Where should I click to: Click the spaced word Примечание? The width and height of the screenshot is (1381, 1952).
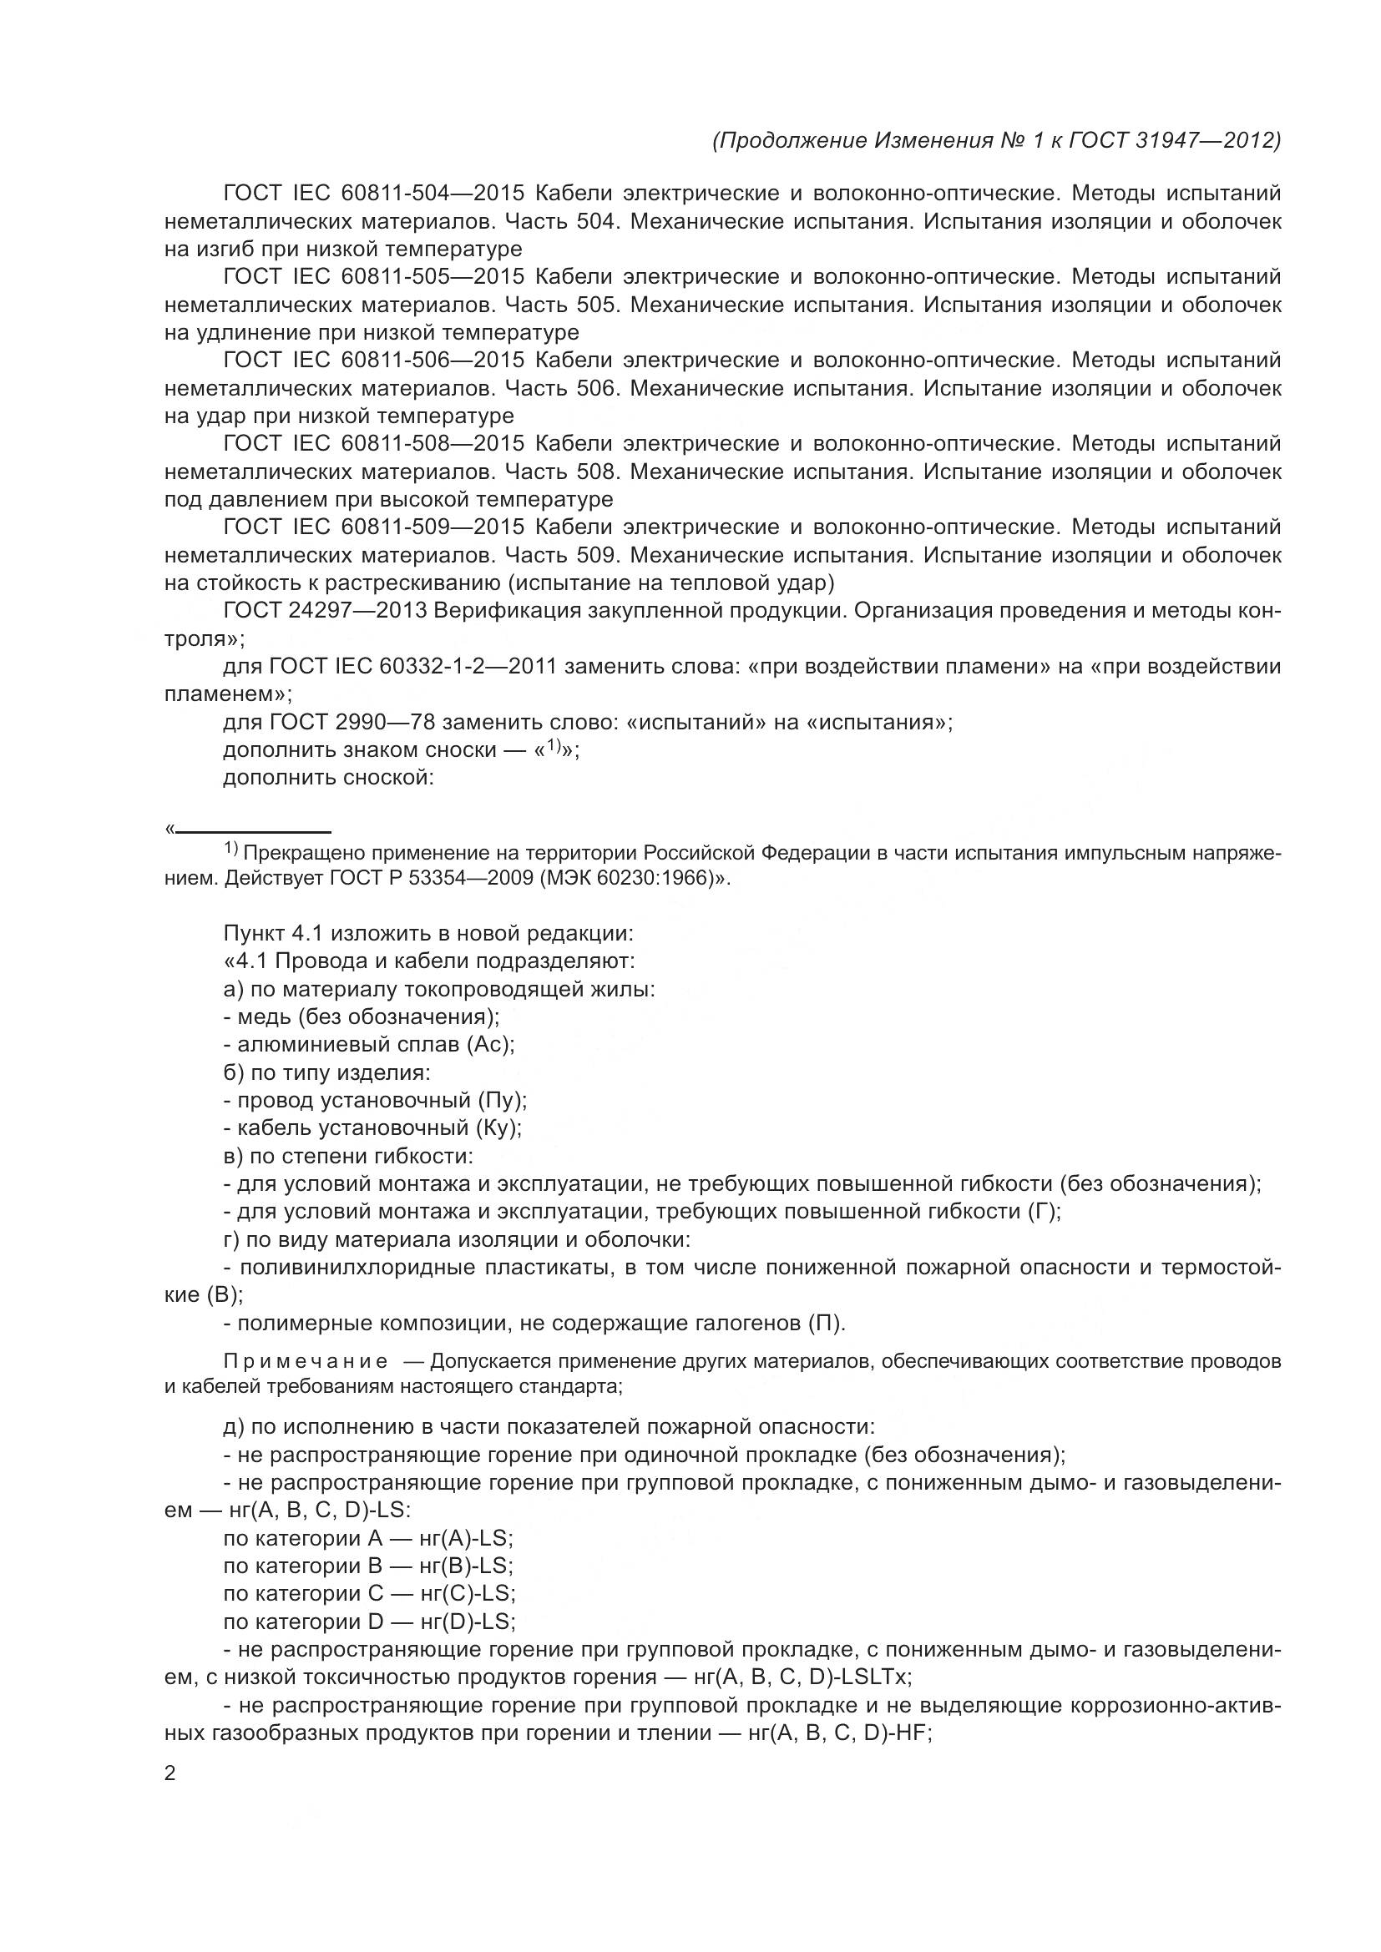[306, 1362]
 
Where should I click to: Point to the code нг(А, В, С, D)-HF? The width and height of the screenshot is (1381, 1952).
[838, 1733]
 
